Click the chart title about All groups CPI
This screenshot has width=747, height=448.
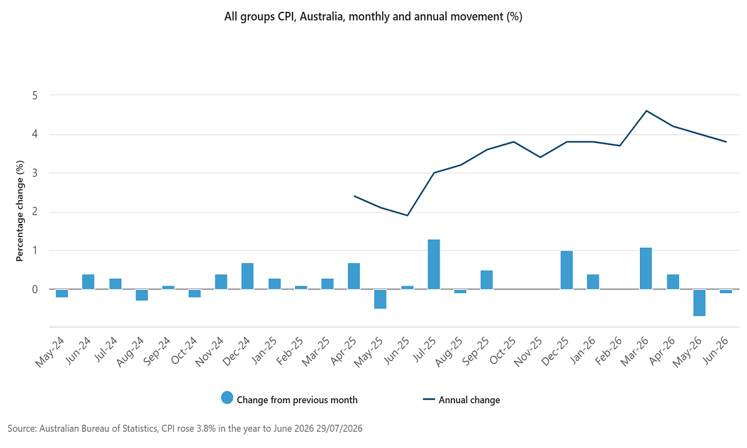coord(373,16)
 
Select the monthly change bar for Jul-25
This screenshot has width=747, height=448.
coord(433,264)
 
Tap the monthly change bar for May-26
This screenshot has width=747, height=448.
coord(699,302)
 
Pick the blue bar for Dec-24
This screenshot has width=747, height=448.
coord(248,276)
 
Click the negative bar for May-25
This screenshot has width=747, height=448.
coord(380,299)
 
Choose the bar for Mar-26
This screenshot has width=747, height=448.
coord(646,268)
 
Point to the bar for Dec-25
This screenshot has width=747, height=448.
coord(566,270)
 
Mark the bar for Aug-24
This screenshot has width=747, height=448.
coord(142,295)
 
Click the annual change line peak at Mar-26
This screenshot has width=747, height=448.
coord(646,111)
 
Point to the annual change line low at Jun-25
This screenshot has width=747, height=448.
coord(407,215)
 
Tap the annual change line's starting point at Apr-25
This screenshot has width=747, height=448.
coord(354,196)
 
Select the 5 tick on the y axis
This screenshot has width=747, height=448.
coord(35,96)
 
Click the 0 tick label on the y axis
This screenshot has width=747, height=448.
coord(35,289)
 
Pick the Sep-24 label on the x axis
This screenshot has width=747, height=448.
coord(157,352)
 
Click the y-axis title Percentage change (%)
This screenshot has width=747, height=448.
coord(20,211)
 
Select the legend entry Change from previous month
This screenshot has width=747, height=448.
coord(289,399)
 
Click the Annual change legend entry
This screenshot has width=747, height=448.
coord(461,399)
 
